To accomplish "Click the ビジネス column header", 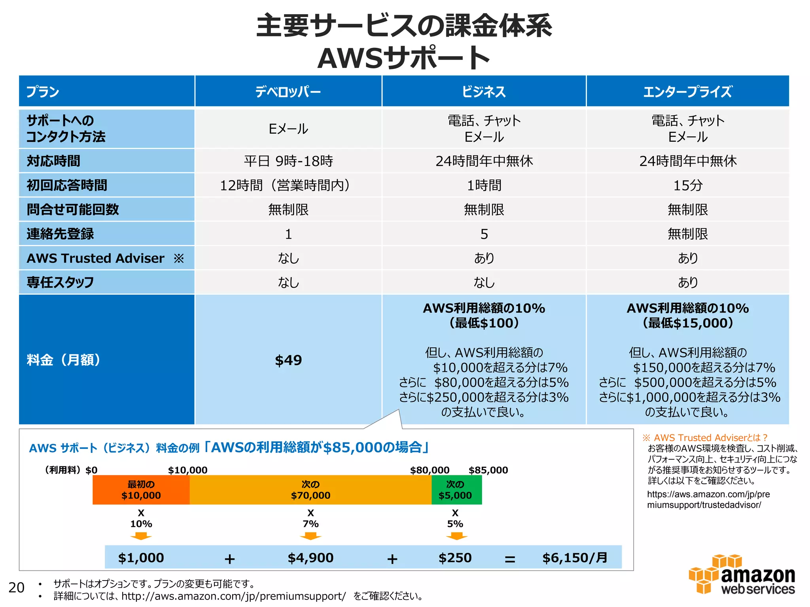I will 484,92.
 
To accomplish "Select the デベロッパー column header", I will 288,92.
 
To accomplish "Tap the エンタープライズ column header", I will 687,92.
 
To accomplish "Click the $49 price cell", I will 288,360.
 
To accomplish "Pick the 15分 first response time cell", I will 687,185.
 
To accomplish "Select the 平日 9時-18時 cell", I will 288,161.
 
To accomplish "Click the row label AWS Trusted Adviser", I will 96,258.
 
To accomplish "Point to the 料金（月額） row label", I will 63,360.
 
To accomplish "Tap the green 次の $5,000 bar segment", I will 456,490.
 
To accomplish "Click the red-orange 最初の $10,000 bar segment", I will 141,490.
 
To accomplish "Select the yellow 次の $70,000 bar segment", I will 310,490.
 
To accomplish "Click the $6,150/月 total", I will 575,558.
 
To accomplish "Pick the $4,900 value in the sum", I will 310,558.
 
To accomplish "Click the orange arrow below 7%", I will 310,536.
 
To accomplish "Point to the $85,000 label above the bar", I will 488,470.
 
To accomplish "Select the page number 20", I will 16,588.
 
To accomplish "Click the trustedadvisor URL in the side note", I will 708,500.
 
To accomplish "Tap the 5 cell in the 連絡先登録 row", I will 484,234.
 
